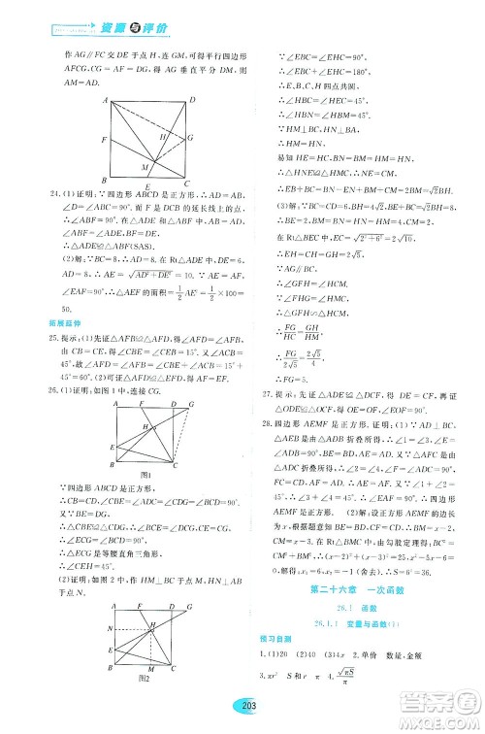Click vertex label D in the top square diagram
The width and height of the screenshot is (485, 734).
tap(193, 99)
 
